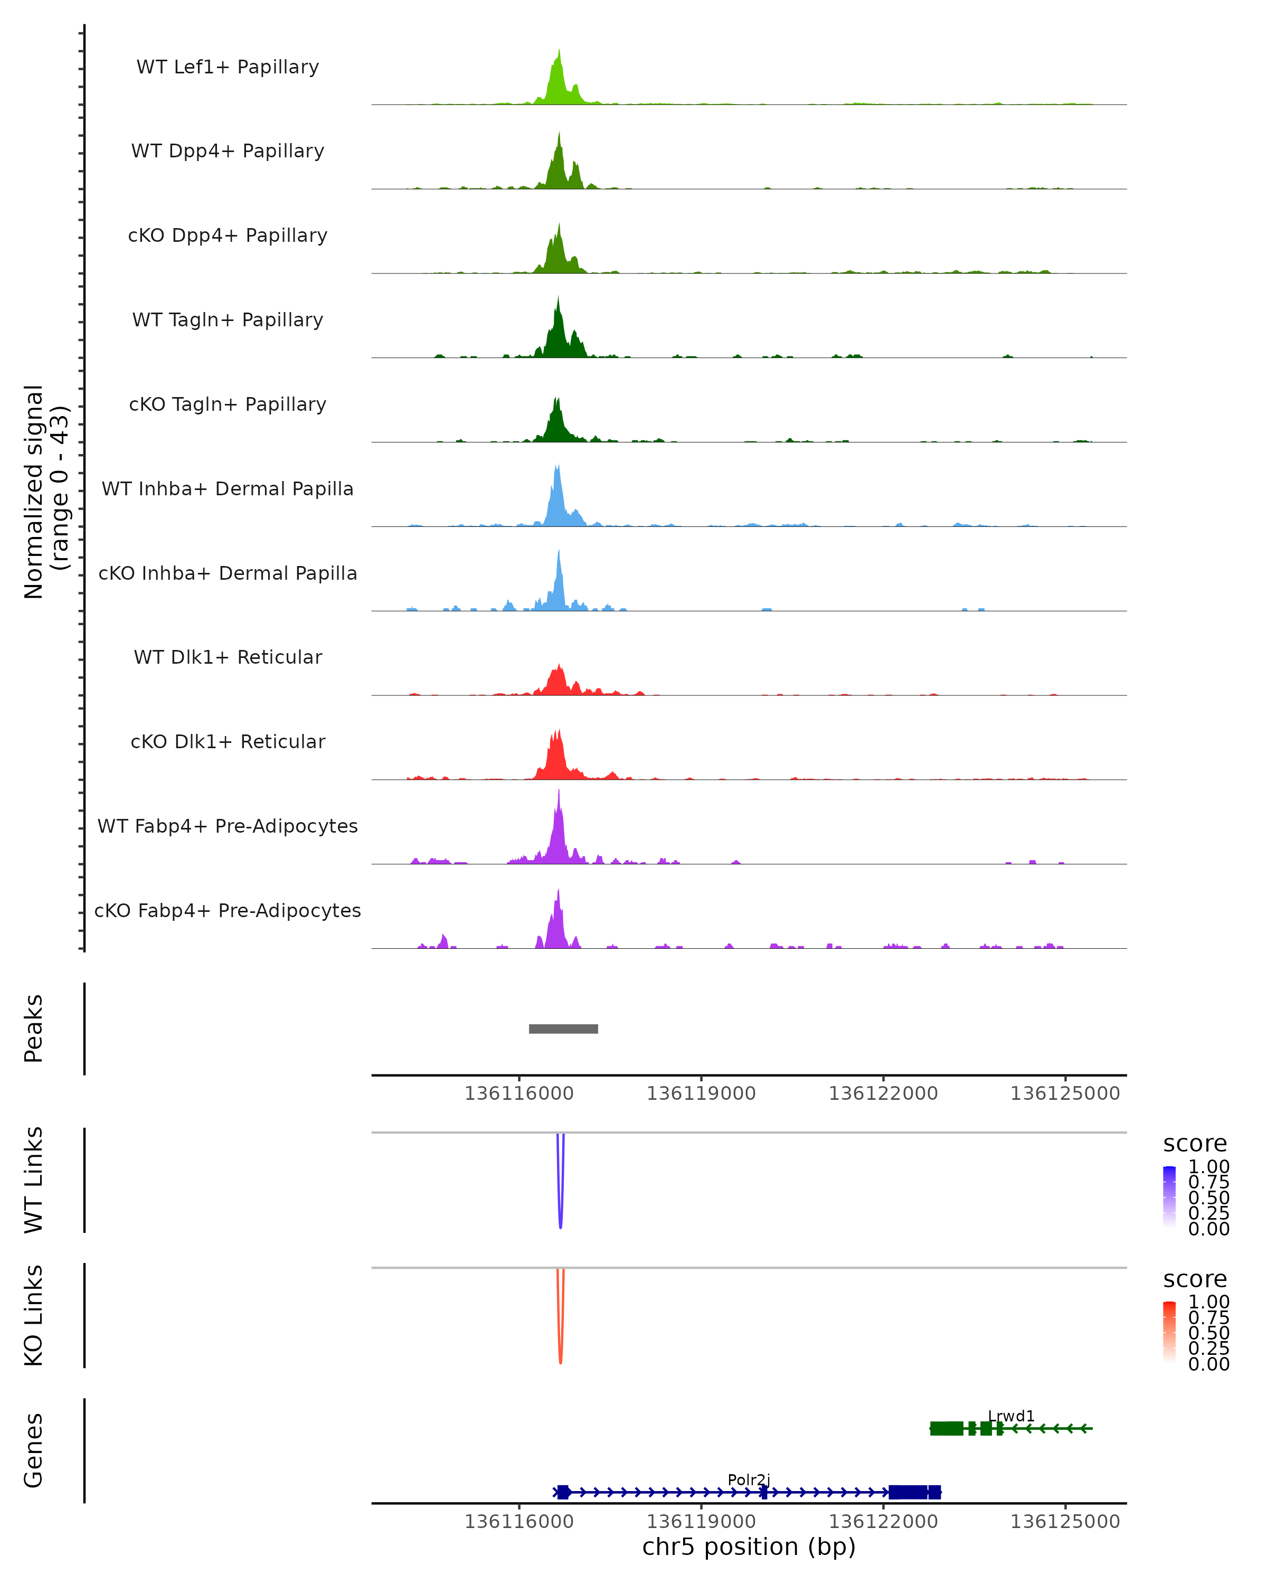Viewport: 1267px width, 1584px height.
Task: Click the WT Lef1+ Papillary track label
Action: pos(228,67)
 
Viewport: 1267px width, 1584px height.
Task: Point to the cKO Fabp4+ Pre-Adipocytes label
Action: pos(228,910)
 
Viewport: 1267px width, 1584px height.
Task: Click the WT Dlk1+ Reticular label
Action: pos(228,657)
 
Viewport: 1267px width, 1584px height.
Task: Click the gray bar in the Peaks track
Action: pos(563,1029)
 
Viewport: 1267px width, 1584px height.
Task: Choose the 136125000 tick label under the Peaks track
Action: pos(1065,1093)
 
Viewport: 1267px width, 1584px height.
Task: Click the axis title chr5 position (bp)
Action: pos(749,1547)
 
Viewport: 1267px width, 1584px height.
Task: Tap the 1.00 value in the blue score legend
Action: pos(1208,1167)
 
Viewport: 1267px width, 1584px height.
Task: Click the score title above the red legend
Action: pos(1195,1279)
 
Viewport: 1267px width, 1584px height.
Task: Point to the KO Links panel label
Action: pos(34,1315)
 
